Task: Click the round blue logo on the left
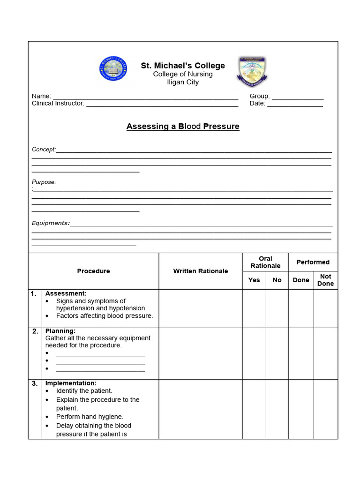113,69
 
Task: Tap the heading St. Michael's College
183,66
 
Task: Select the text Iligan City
183,82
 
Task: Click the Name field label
41,96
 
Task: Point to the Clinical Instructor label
58,104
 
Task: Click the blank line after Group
298,97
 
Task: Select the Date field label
257,104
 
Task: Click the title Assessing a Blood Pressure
183,127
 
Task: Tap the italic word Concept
44,150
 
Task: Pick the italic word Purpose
43,182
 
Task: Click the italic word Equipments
50,223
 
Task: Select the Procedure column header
93,271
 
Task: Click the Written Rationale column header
201,271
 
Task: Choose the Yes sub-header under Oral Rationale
254,280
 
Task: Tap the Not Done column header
325,280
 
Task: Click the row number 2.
35,331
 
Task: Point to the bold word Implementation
71,383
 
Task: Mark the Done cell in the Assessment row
301,308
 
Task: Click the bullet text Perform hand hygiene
90,417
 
